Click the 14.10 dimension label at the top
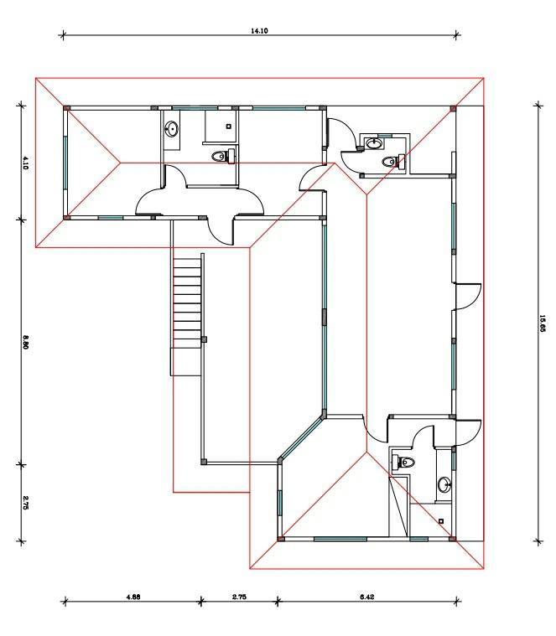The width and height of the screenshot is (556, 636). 259,30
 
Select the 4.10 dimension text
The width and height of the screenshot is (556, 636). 25,163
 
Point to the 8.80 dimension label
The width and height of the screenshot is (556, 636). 25,342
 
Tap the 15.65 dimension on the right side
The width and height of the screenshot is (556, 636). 543,323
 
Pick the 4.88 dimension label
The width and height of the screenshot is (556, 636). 133,597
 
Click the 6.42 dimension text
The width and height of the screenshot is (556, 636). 366,597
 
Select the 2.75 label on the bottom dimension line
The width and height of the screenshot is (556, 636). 240,597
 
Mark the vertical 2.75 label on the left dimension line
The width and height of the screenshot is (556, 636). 25,502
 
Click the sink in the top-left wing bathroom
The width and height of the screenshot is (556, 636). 172,129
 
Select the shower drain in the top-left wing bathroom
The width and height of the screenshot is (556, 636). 228,127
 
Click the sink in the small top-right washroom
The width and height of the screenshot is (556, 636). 373,143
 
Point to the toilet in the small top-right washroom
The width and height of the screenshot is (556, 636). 393,161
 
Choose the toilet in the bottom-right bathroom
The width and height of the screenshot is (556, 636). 403,462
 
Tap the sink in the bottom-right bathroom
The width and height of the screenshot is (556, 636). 444,484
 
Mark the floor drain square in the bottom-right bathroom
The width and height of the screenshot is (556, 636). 441,521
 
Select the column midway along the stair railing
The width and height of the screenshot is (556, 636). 204,339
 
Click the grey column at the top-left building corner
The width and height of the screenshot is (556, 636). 66,108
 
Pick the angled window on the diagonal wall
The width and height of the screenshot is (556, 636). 302,439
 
